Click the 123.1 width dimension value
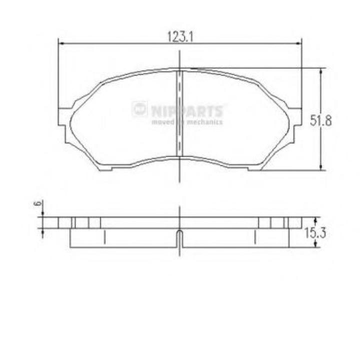[x=180, y=36]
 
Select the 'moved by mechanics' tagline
[x=187, y=121]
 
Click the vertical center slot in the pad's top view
[x=179, y=112]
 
